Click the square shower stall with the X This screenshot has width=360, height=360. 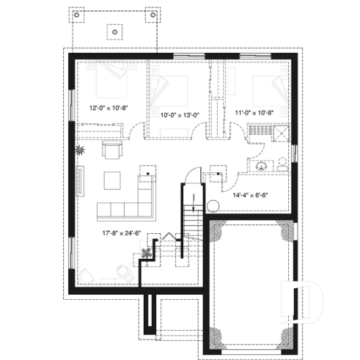[279, 132]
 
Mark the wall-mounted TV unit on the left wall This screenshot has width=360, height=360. [79, 180]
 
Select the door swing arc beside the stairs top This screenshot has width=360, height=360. [190, 177]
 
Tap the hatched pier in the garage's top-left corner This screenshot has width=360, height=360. [218, 233]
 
